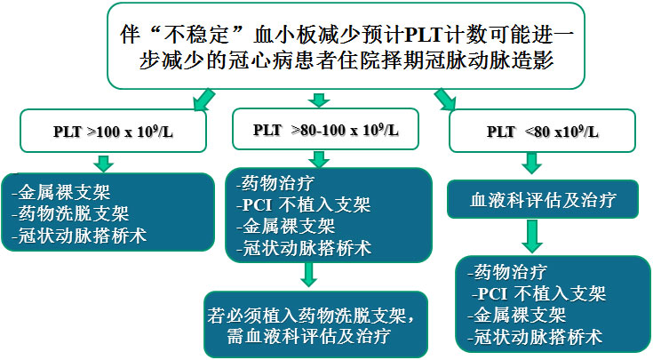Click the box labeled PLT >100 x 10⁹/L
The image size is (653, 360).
113,131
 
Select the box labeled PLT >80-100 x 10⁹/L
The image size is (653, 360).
325,129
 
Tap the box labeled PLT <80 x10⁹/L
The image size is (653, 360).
542,131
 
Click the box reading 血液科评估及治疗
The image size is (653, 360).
543,200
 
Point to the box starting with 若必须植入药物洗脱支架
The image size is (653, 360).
315,324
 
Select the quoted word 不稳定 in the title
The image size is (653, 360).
196,35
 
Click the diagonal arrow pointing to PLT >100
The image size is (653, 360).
204,100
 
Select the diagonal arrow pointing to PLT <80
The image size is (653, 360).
445,100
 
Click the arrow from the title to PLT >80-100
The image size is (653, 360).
319,100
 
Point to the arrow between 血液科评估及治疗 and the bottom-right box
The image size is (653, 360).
532,236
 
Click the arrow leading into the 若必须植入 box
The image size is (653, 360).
308,275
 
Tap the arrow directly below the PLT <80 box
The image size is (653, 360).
532,164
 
